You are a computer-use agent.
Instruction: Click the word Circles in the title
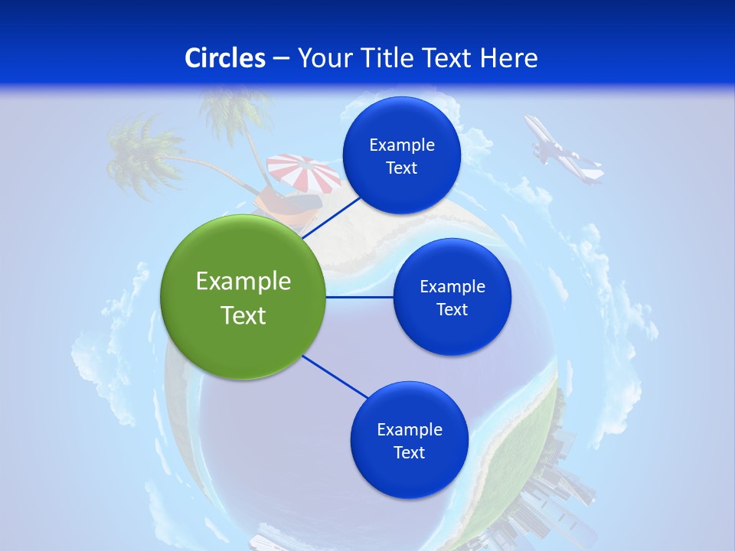225,58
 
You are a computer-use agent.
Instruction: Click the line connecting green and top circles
331,217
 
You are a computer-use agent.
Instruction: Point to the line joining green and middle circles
360,297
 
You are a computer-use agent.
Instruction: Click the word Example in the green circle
243,282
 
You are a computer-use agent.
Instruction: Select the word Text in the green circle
243,315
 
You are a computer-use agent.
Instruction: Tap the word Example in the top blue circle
402,145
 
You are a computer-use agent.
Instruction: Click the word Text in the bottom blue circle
409,452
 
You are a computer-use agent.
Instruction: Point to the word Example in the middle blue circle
452,286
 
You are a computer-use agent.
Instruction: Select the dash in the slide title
281,59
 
